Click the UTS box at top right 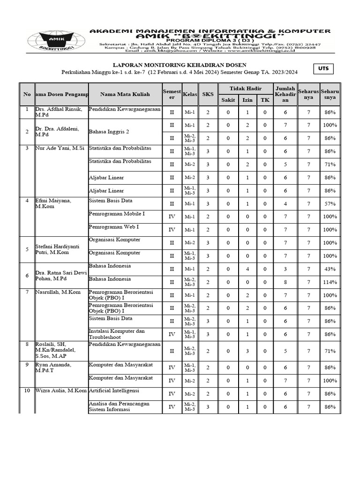[323, 69]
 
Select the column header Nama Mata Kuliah [125, 94]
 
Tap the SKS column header [208, 94]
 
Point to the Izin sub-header [247, 100]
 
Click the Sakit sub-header [228, 100]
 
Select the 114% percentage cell [330, 282]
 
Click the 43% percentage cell [330, 269]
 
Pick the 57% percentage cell [330, 204]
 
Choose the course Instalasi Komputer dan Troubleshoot [117, 334]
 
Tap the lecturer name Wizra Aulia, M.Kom [60, 390]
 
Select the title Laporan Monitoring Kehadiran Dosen [180, 65]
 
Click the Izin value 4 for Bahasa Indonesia [247, 269]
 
